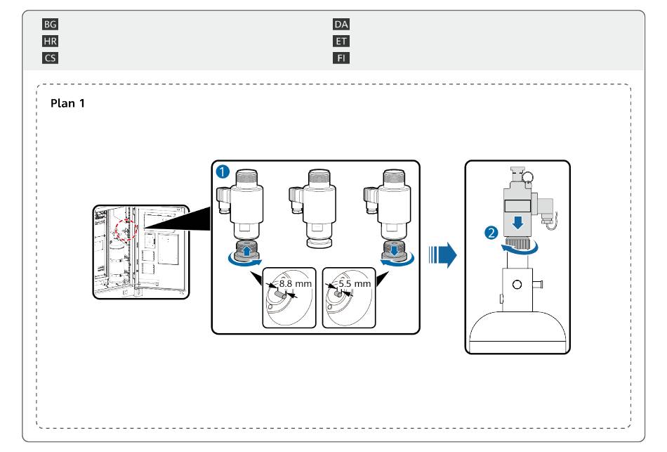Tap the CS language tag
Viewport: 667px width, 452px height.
click(50, 58)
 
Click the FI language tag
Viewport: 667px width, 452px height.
click(341, 58)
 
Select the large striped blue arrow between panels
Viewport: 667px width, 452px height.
click(442, 255)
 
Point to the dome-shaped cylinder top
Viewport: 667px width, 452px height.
click(517, 330)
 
